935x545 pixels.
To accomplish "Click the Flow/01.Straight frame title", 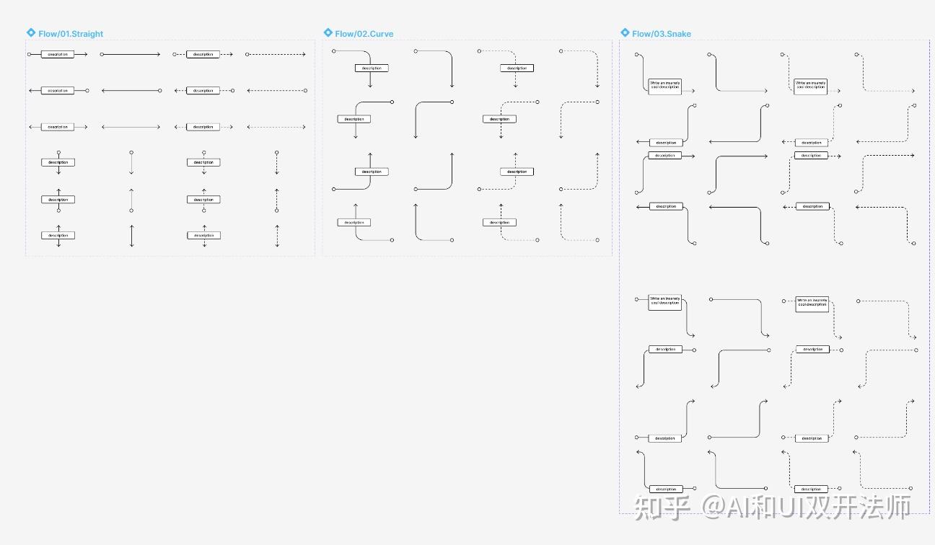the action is [71, 34].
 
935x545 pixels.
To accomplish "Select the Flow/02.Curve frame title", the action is [364, 34].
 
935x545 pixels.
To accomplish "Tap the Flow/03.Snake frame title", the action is [662, 34].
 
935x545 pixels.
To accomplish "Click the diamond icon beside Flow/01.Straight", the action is [30, 33].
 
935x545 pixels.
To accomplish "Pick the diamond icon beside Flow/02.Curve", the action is [328, 33].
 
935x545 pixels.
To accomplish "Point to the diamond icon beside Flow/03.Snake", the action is [625, 33].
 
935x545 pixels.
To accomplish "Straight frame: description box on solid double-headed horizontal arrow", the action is [58, 127].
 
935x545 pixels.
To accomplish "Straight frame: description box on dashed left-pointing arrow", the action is [203, 91].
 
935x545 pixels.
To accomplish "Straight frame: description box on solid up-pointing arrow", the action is [58, 200].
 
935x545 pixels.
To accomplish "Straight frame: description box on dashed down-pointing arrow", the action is [203, 162].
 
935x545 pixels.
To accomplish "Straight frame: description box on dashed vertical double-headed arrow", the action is [203, 235].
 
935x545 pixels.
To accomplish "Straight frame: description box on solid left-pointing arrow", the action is [58, 91].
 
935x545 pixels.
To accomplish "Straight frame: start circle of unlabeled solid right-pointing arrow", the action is [102, 54].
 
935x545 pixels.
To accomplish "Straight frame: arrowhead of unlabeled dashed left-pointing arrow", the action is [249, 91].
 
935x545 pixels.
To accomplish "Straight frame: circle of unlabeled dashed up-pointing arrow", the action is [276, 211].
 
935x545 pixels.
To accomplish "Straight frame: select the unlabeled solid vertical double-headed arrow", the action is [131, 236].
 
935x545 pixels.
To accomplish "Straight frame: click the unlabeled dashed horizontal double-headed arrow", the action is [276, 127].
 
